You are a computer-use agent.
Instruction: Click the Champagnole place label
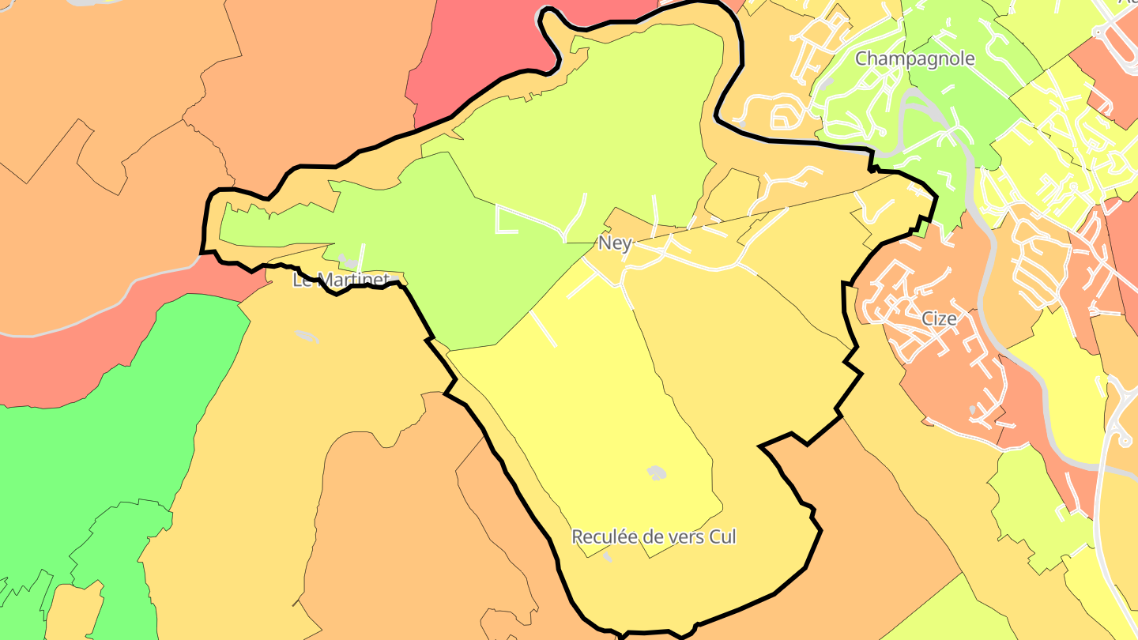coord(914,58)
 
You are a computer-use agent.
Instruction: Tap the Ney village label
coord(615,243)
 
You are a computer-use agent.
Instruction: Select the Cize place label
coord(939,318)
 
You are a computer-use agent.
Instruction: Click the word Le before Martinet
coord(302,280)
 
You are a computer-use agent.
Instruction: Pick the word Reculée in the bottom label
coord(605,537)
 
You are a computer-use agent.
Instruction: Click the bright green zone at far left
coord(103,442)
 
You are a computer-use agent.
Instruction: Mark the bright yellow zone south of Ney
coord(601,411)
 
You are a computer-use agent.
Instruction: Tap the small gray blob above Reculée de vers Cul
coord(656,472)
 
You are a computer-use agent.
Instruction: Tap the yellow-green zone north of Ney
coord(585,119)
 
